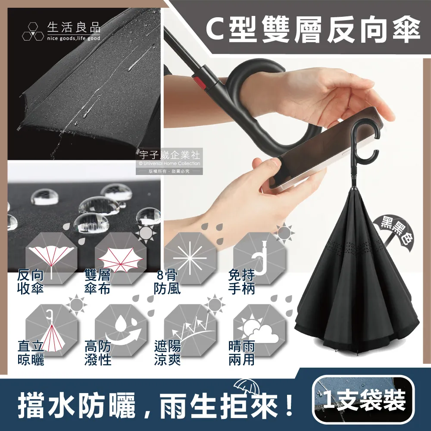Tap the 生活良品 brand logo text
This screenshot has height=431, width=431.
74,28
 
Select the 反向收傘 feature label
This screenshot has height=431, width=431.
31,282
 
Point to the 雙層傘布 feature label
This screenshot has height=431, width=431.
98,282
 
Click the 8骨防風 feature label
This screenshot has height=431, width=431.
167,282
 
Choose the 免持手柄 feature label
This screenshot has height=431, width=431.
242,282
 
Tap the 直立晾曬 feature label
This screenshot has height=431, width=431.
31,353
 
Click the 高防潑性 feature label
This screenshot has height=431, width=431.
98,353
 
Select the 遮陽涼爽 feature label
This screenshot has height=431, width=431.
167,353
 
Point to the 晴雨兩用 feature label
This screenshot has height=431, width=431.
242,353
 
